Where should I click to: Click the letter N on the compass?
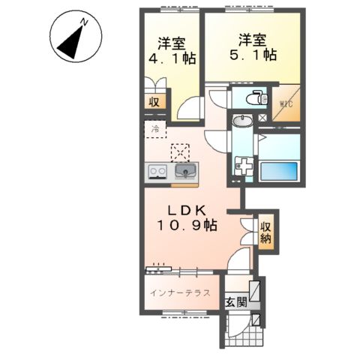tap(84, 22)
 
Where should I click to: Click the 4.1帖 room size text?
tap(172, 58)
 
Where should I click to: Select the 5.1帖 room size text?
tap(253, 55)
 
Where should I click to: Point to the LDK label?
tap(187, 211)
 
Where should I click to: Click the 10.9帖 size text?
tap(187, 226)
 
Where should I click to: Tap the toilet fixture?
tap(256, 97)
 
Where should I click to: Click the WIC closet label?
tap(286, 103)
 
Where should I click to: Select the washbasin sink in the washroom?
tap(242, 121)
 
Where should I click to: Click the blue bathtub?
tap(279, 171)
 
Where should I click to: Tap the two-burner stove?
tap(157, 171)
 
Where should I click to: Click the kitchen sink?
tap(185, 171)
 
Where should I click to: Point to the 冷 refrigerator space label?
tap(155, 129)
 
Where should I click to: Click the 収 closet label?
tap(154, 102)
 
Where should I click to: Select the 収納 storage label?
tap(265, 232)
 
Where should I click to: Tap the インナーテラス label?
tap(180, 292)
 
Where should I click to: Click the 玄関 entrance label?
tap(236, 302)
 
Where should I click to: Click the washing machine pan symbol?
tap(244, 166)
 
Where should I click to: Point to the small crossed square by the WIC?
tap(262, 118)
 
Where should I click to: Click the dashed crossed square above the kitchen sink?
tap(180, 153)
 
